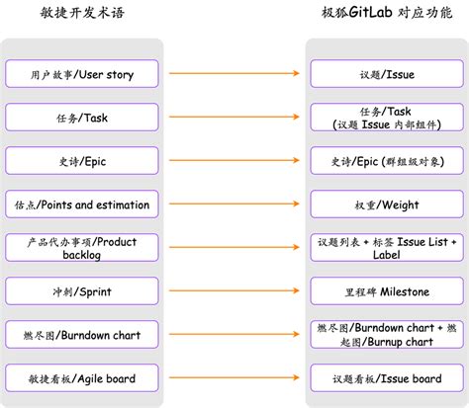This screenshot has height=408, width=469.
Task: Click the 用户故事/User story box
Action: [x=82, y=74]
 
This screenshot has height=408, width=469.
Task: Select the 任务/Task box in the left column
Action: [x=82, y=118]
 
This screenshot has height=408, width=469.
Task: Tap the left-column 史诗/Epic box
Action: [x=82, y=161]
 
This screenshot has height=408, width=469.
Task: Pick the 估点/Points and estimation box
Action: [x=82, y=204]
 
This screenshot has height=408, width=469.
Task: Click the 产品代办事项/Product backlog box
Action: [x=82, y=248]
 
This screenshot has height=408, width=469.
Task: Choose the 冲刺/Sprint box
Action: [x=82, y=291]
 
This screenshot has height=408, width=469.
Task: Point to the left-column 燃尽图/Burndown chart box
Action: [x=82, y=335]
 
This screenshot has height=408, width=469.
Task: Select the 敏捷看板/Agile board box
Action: [x=82, y=378]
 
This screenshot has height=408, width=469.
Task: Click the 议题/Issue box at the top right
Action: [x=387, y=74]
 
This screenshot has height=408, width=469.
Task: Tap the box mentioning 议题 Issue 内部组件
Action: [x=387, y=118]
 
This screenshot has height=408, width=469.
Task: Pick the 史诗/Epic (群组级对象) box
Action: [x=387, y=161]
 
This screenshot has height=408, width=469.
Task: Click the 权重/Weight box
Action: [x=387, y=204]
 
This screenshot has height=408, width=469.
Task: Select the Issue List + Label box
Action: [x=387, y=248]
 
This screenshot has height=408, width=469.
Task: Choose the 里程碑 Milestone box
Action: [x=387, y=291]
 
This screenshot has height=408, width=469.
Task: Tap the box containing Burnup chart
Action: [x=387, y=335]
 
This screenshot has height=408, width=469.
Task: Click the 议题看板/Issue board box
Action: [x=387, y=378]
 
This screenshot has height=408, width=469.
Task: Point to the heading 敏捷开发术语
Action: [x=82, y=14]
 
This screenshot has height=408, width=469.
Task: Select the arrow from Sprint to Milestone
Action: [x=234, y=291]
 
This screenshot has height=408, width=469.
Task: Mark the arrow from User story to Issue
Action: [x=234, y=74]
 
